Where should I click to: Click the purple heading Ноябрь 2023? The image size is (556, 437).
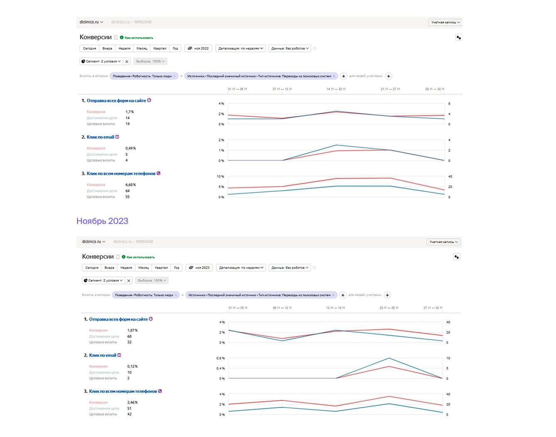(102, 221)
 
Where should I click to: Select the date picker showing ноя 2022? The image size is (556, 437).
(198, 49)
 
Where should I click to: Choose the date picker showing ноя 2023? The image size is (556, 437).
(199, 268)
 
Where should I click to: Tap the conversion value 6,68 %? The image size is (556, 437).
(130, 185)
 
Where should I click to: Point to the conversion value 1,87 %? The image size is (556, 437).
(132, 330)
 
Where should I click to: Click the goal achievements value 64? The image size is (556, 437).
(127, 191)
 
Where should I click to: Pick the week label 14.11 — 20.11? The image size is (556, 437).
(336, 89)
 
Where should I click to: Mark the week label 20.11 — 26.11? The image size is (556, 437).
(389, 308)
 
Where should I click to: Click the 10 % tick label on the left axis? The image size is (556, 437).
(220, 177)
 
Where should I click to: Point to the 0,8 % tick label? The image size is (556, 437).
(220, 358)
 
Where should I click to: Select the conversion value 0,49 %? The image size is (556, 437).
(130, 148)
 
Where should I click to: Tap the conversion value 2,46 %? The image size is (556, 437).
(132, 403)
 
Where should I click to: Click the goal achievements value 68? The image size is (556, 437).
(129, 337)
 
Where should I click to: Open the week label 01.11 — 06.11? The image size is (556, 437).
(237, 89)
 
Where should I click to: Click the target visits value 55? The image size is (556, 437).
(127, 197)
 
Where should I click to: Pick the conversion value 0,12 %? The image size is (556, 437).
(132, 366)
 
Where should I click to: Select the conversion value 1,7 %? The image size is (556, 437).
(129, 112)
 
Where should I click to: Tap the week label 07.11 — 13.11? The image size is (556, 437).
(282, 89)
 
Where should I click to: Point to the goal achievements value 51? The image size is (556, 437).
(129, 408)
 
